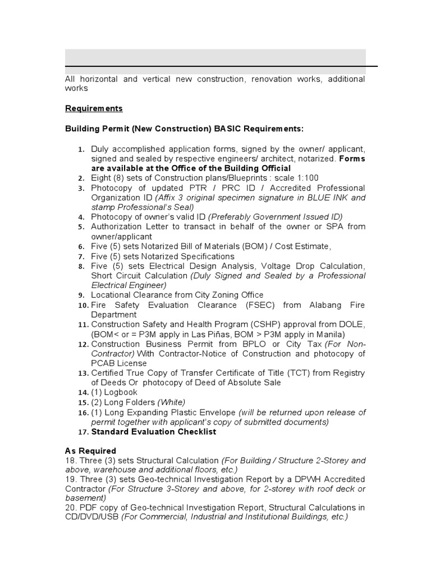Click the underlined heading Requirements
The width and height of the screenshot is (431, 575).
[x=94, y=108]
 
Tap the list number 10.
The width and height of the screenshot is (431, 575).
[x=84, y=305]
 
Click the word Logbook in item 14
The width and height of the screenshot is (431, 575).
[x=120, y=392]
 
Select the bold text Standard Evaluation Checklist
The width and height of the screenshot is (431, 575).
[x=153, y=432]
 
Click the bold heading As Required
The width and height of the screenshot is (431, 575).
[x=90, y=450]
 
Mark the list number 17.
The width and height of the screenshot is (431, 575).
[x=84, y=432]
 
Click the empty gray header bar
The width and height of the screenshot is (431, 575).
[x=215, y=57]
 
